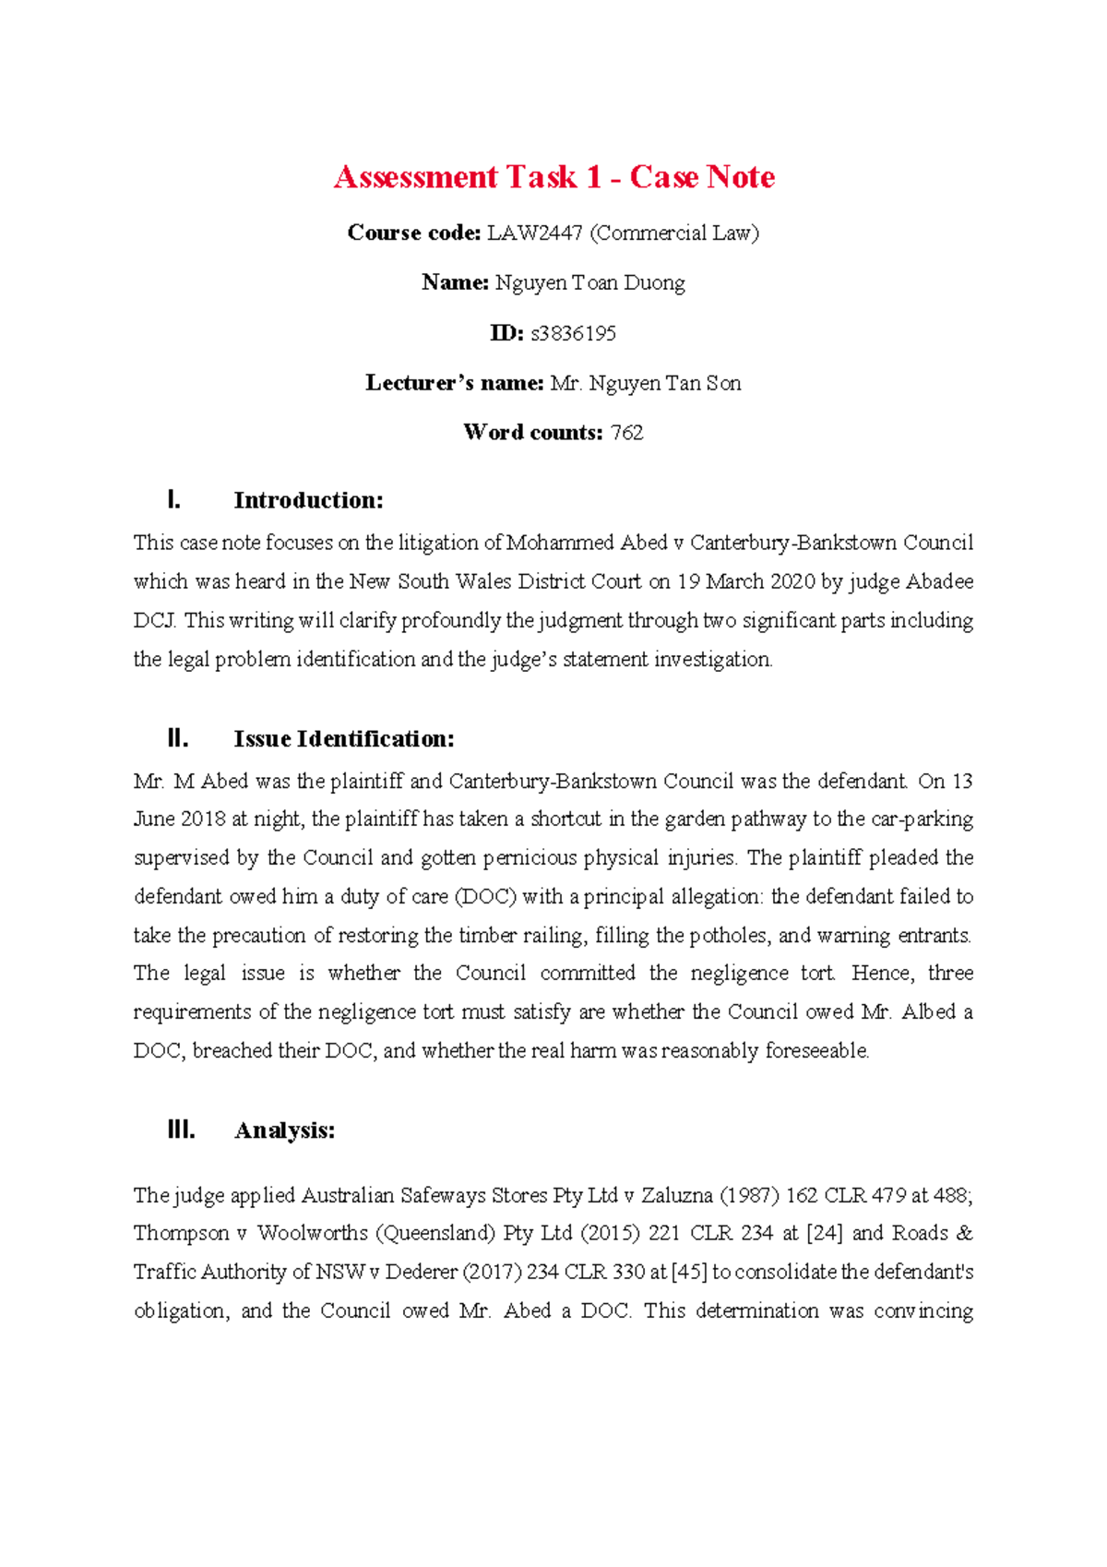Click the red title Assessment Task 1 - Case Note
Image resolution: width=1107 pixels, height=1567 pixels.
(553, 176)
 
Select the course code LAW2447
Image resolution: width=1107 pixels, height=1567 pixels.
(534, 233)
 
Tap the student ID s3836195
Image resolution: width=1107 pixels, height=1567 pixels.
(573, 333)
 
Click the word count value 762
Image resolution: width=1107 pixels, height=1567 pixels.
(626, 433)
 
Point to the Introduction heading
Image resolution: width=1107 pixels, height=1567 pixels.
(308, 500)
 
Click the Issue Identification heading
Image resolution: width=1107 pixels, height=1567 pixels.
(344, 738)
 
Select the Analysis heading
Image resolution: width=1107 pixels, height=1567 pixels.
(284, 1130)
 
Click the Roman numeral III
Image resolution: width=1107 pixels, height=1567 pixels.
(181, 1130)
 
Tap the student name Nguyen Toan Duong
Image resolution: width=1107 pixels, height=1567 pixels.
(589, 283)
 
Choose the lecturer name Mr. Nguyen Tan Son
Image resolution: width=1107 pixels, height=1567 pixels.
(645, 383)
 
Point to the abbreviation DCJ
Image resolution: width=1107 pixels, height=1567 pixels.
(153, 620)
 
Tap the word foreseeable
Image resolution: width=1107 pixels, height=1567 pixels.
(817, 1051)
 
